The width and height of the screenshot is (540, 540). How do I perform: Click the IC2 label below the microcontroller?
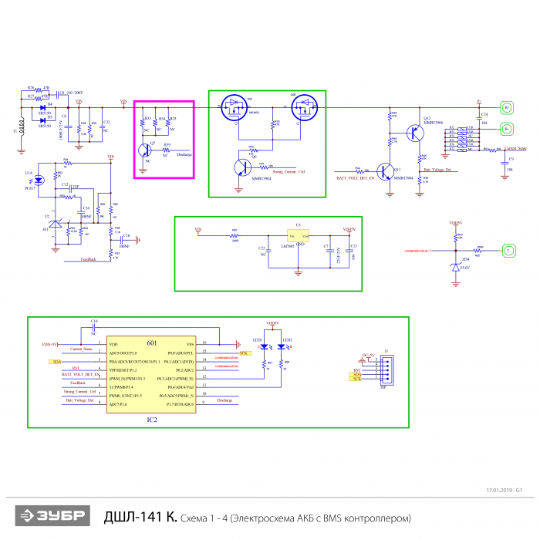click(x=152, y=420)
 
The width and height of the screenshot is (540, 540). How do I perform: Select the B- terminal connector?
click(x=507, y=128)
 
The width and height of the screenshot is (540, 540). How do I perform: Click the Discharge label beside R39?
click(x=184, y=154)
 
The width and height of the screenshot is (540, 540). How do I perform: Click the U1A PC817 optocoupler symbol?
click(x=40, y=179)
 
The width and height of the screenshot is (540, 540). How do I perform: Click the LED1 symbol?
click(x=265, y=347)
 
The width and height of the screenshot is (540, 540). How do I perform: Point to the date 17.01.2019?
click(x=500, y=490)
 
